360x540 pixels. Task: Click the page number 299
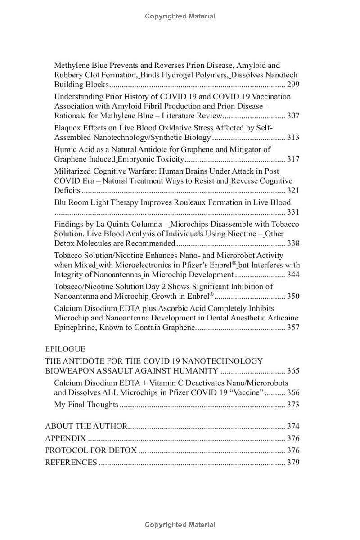(293, 85)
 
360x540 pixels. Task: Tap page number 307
(293, 116)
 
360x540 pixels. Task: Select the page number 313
(293, 138)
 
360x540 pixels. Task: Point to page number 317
(293, 159)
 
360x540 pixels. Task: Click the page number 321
(293, 190)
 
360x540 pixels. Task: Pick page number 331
(293, 212)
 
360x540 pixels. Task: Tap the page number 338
(293, 243)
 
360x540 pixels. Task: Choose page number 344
(293, 275)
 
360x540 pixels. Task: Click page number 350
(293, 297)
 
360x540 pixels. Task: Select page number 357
(293, 328)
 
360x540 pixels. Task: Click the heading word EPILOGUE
(65, 349)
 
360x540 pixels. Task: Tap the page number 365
(293, 371)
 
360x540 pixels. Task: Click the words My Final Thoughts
(86, 405)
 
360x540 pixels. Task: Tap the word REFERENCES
(71, 463)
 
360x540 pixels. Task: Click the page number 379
(293, 463)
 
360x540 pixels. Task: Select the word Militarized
(72, 171)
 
